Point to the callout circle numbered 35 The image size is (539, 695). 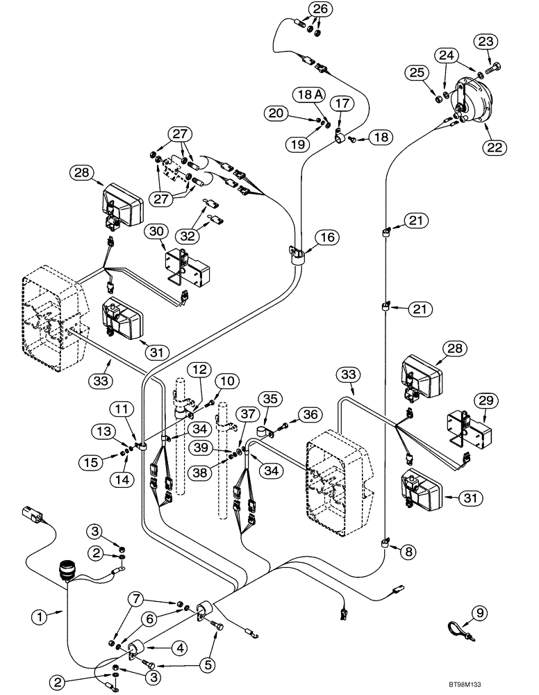click(x=269, y=399)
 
